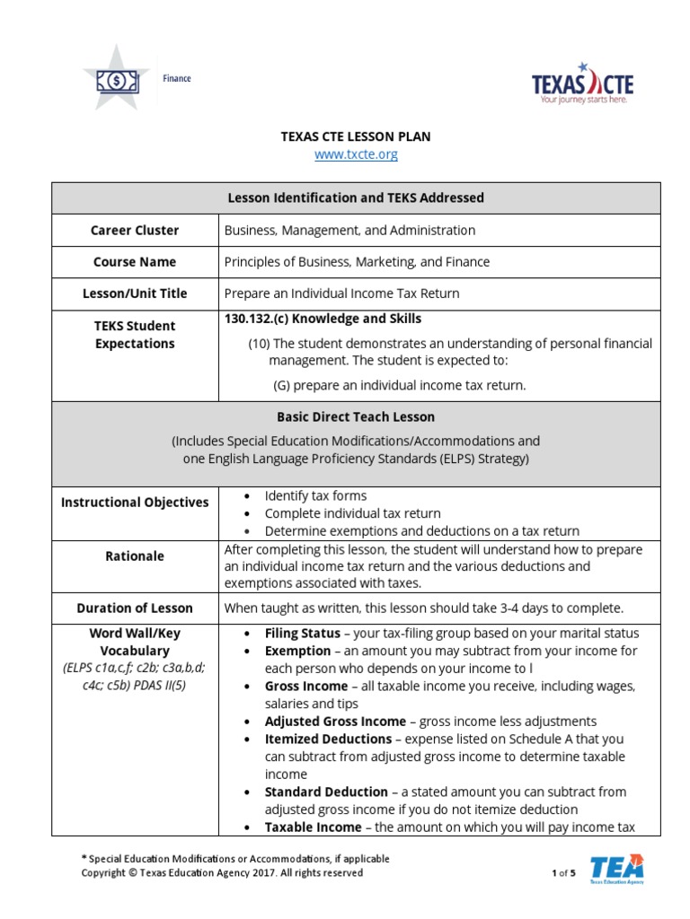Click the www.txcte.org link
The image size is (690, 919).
click(356, 154)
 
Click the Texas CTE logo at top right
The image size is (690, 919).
click(582, 83)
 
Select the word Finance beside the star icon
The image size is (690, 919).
click(177, 78)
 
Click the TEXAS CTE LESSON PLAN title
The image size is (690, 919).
click(356, 136)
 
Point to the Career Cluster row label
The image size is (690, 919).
click(135, 230)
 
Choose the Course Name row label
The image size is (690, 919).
click(135, 262)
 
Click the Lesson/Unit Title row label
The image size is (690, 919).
click(135, 293)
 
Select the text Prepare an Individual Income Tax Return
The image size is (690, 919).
click(341, 293)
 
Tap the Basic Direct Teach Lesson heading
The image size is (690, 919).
click(356, 416)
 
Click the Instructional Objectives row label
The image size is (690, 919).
click(135, 503)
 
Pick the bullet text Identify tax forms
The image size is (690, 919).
click(315, 495)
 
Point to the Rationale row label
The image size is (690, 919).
click(135, 556)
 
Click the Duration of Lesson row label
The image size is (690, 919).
click(135, 608)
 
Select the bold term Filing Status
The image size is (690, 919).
click(302, 633)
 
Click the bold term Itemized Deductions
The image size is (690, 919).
click(328, 739)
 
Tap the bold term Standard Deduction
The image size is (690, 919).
click(326, 792)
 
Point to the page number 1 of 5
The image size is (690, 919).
click(563, 872)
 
